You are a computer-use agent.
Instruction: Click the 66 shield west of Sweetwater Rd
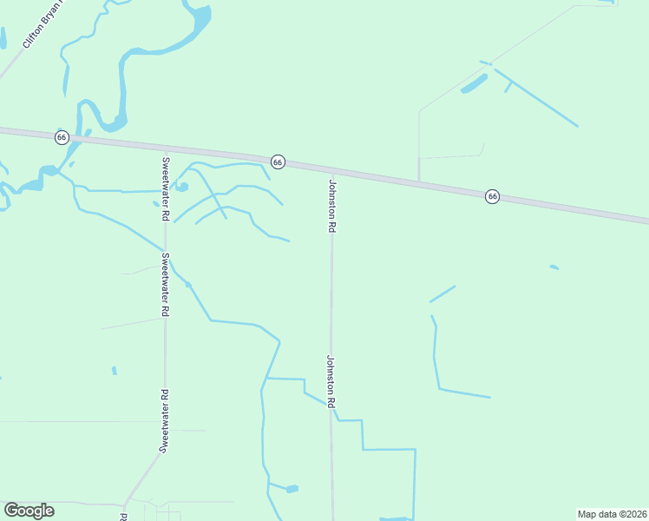62,137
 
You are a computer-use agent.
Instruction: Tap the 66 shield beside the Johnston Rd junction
278,162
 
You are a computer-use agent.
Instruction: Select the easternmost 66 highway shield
493,196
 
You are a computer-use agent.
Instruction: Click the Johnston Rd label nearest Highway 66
331,206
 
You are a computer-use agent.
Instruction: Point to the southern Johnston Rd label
331,381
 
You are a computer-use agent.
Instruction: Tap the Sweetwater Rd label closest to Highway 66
165,188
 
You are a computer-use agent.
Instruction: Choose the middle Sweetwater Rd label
165,284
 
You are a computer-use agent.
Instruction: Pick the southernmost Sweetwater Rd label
163,420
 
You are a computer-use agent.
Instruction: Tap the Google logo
29,511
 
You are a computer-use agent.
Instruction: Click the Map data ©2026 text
611,513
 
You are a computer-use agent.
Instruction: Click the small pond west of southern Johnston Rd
292,489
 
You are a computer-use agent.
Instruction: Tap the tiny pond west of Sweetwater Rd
114,371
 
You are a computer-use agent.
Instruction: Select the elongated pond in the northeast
474,84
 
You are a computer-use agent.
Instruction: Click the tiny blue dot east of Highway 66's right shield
554,267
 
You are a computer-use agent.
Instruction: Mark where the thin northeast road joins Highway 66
419,182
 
